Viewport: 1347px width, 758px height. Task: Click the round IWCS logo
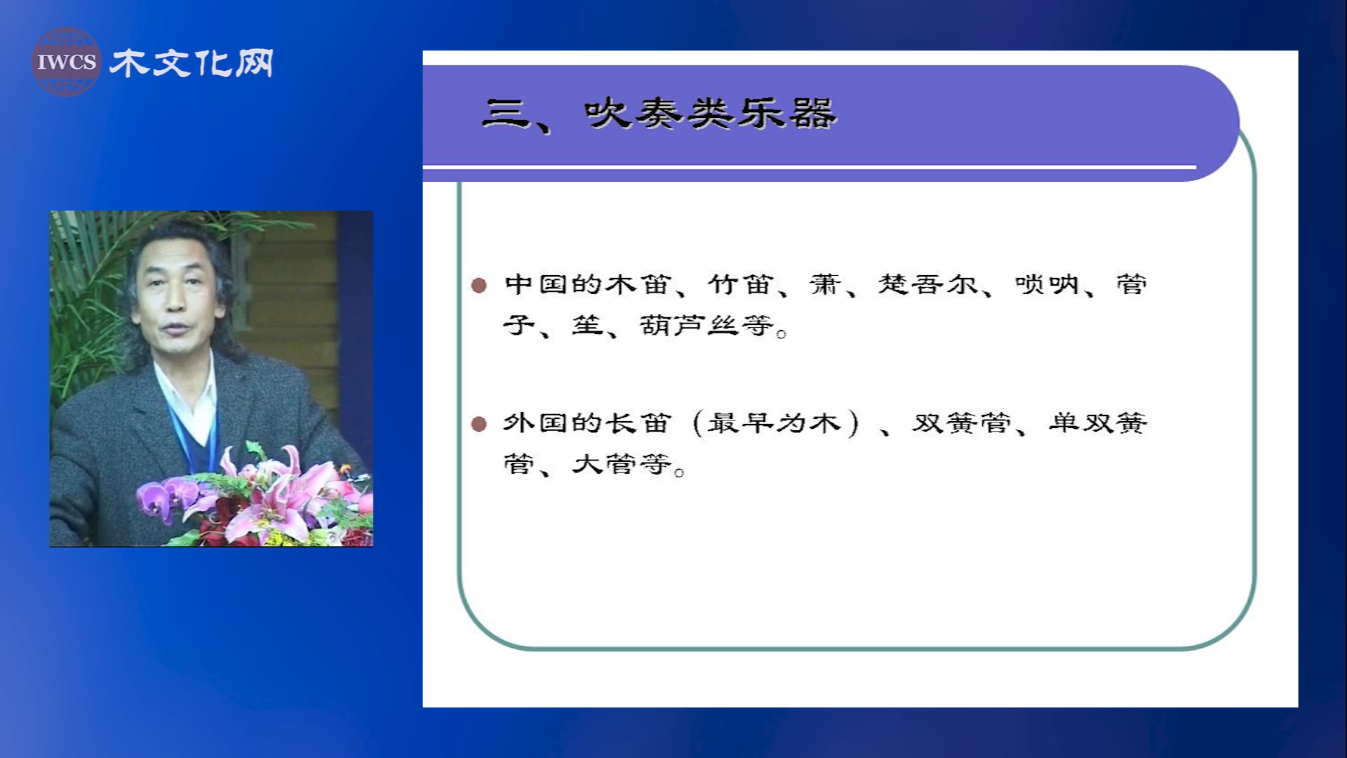(x=66, y=62)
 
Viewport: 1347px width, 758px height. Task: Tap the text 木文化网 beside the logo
(x=192, y=63)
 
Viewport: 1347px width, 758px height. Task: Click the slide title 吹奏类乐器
(x=711, y=113)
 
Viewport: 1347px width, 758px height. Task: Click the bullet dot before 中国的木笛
(x=479, y=285)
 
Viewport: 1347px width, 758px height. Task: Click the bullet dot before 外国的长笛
(x=479, y=424)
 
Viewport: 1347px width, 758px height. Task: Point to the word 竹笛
(x=741, y=284)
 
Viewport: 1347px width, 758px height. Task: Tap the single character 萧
(x=825, y=284)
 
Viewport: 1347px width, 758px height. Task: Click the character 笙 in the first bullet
(x=587, y=326)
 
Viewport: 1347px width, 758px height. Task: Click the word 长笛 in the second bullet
(x=638, y=423)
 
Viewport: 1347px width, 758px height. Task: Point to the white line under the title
(x=809, y=167)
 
